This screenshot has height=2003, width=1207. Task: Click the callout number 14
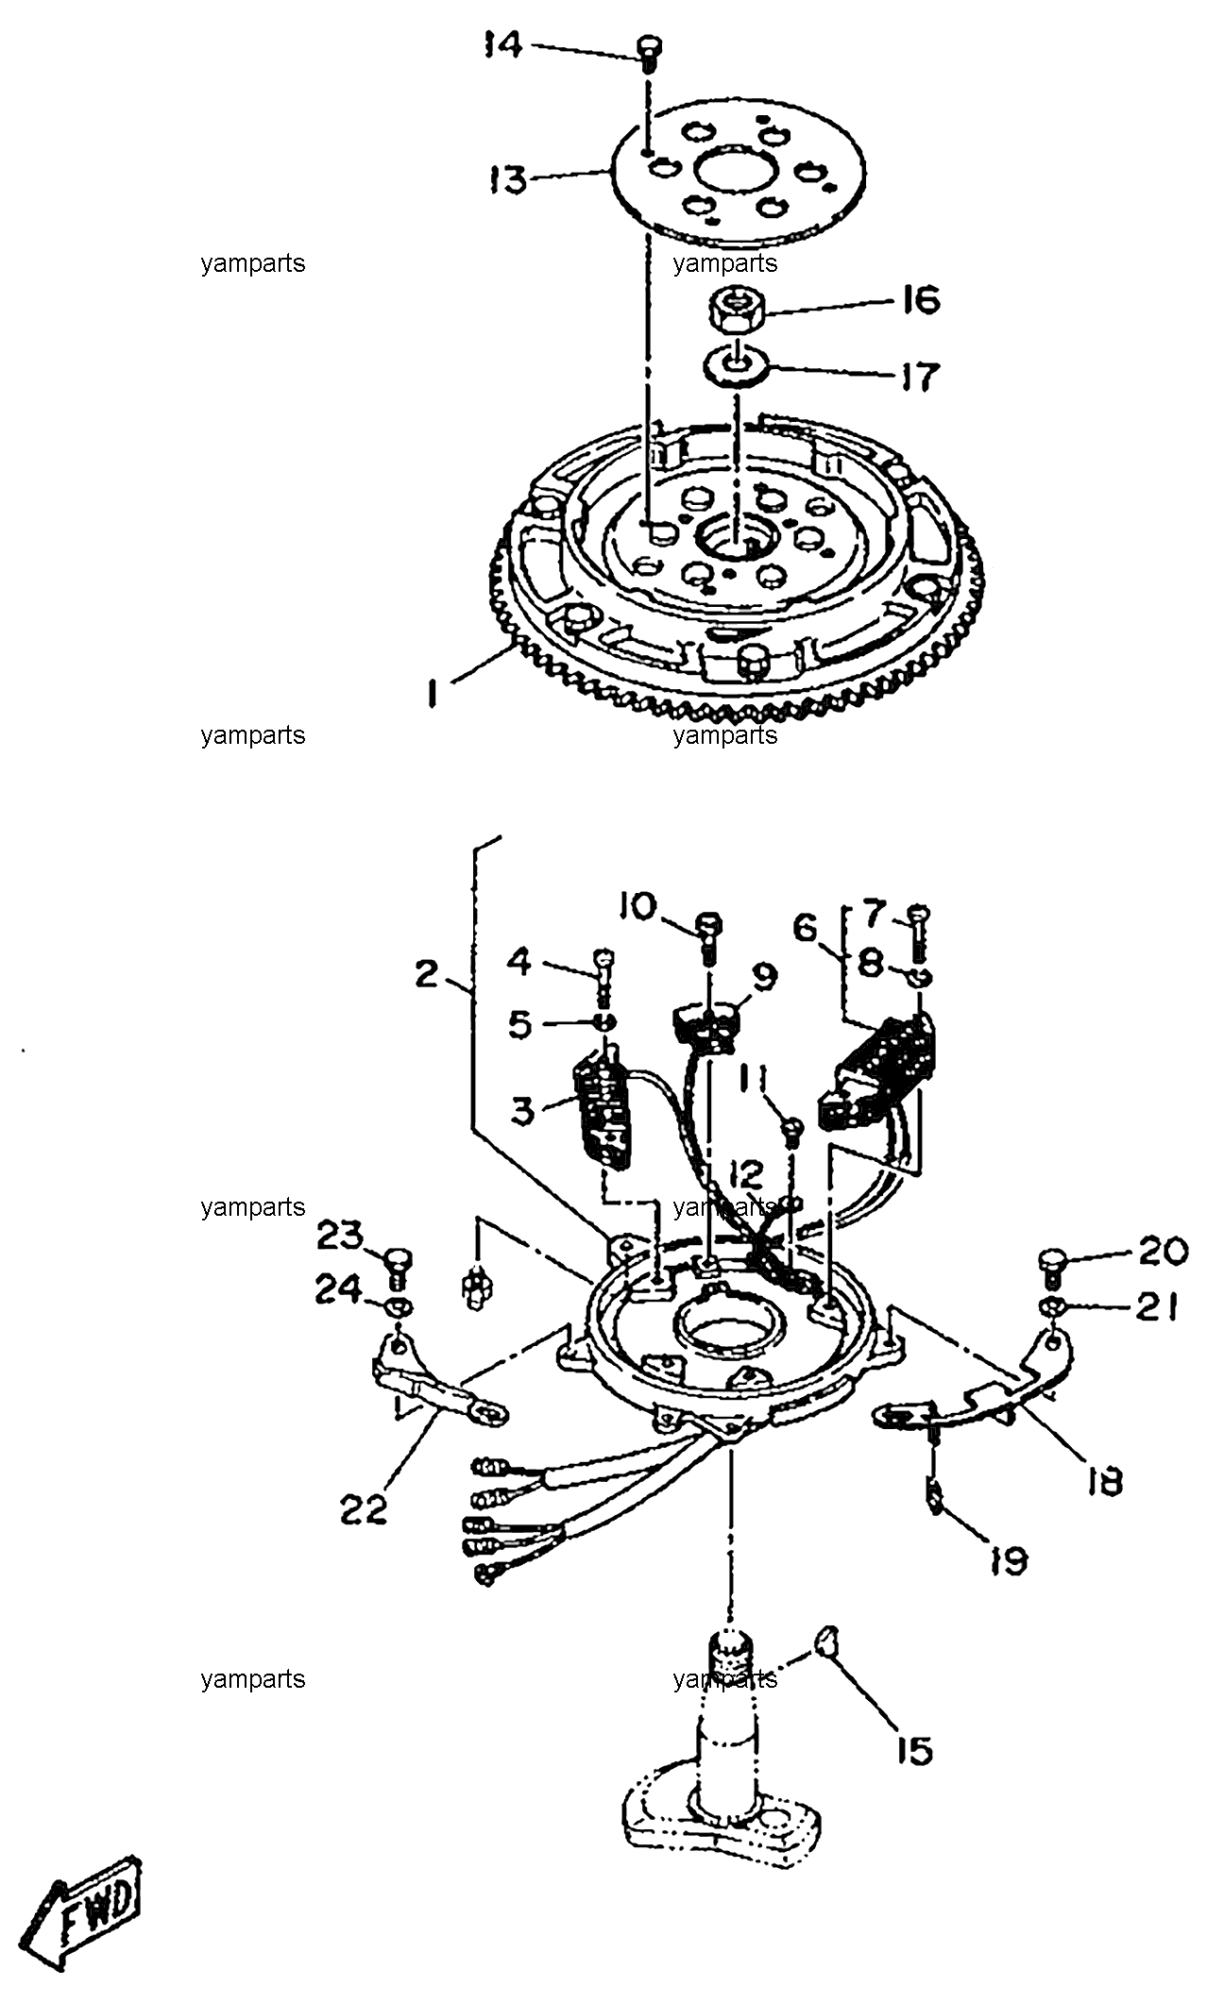[503, 44]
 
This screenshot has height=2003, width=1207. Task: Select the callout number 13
[508, 178]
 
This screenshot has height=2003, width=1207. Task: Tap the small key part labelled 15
[826, 1640]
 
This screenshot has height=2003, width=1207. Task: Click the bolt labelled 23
[396, 1264]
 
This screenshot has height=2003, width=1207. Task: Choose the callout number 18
[1101, 1482]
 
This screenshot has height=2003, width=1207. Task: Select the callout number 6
[806, 928]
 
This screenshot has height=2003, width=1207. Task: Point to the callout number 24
[338, 1289]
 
